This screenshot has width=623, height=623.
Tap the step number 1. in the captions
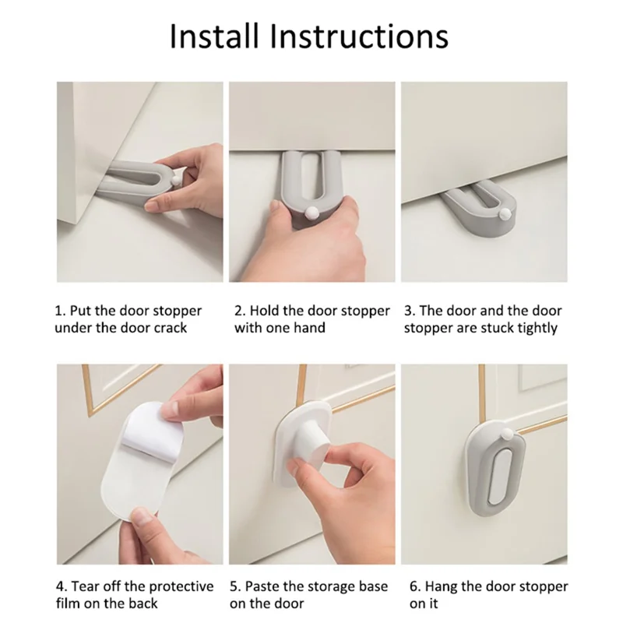tap(60, 311)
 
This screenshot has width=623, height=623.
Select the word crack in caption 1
tap(169, 328)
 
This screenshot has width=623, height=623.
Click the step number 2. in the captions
tap(240, 311)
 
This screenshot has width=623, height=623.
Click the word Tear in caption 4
tap(86, 586)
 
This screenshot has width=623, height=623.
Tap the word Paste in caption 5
tap(264, 586)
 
